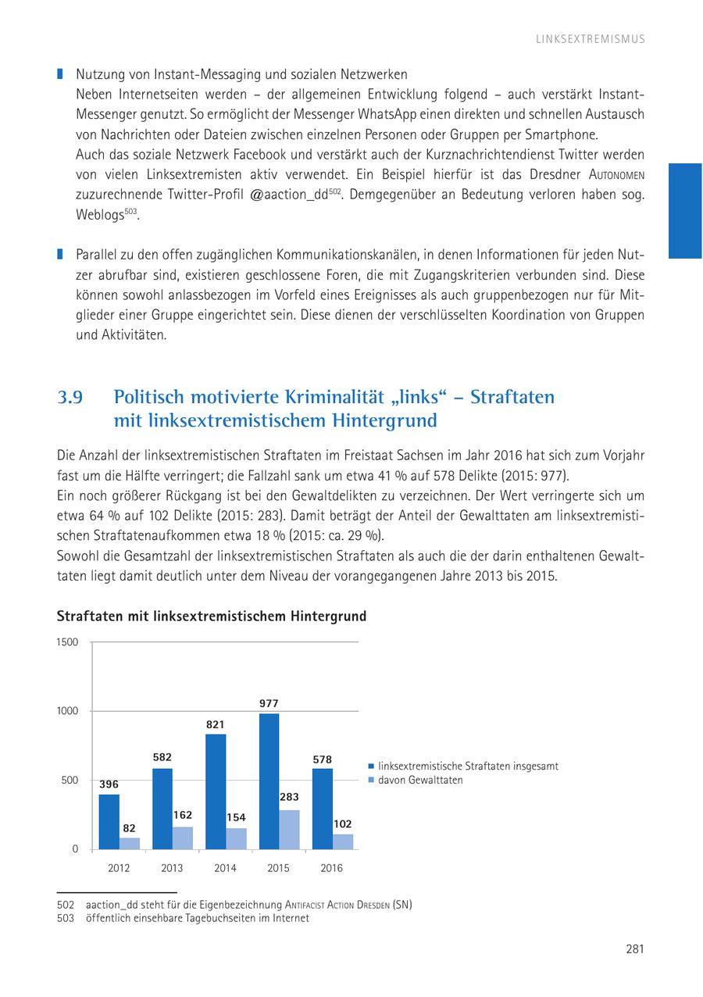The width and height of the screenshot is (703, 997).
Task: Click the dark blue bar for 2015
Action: click(x=269, y=781)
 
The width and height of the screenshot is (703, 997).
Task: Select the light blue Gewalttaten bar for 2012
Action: click(x=130, y=843)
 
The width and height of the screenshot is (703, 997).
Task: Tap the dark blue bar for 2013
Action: click(x=162, y=809)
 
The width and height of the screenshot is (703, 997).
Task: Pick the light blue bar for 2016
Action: click(x=343, y=842)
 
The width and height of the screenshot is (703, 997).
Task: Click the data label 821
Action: click(x=216, y=724)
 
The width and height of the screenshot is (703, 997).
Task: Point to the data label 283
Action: click(x=289, y=797)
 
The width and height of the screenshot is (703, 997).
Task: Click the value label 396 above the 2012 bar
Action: click(x=109, y=784)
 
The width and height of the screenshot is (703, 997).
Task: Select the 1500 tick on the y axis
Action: click(x=68, y=642)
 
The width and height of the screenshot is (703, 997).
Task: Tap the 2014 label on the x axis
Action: click(x=225, y=868)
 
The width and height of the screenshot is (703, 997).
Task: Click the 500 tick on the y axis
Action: click(x=70, y=780)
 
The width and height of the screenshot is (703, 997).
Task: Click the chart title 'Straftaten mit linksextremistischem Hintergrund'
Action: click(x=212, y=616)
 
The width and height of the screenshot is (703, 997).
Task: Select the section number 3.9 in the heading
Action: click(x=70, y=397)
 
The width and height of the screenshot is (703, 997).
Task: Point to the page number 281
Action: click(x=634, y=949)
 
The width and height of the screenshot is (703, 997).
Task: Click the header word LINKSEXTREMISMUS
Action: click(x=591, y=39)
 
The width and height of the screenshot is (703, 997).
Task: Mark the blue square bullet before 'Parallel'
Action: click(x=59, y=254)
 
